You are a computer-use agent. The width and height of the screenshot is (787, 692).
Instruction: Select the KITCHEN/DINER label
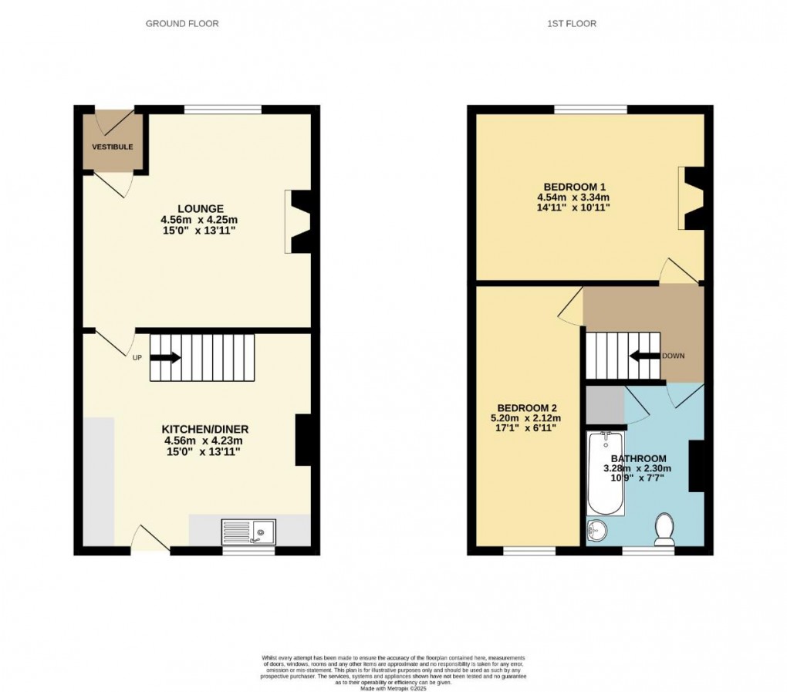(204, 429)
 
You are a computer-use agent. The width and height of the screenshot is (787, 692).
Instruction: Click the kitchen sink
(248, 531)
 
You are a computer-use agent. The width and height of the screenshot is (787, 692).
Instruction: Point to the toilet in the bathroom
(664, 530)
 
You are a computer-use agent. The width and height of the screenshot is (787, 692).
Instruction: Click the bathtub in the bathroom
(606, 474)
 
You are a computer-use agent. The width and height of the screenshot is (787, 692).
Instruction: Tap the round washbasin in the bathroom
(596, 531)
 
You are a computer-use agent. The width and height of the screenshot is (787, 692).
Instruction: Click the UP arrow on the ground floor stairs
(165, 357)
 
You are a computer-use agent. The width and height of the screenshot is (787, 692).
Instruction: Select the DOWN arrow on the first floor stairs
(644, 356)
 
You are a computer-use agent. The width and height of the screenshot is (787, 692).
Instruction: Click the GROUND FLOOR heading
(182, 24)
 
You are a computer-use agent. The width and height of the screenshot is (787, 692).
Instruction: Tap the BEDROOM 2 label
(527, 408)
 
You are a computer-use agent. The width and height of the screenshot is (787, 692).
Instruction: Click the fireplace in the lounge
(299, 221)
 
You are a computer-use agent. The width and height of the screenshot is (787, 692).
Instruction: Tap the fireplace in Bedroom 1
(691, 198)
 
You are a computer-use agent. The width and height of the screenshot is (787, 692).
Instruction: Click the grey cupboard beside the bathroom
(605, 404)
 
